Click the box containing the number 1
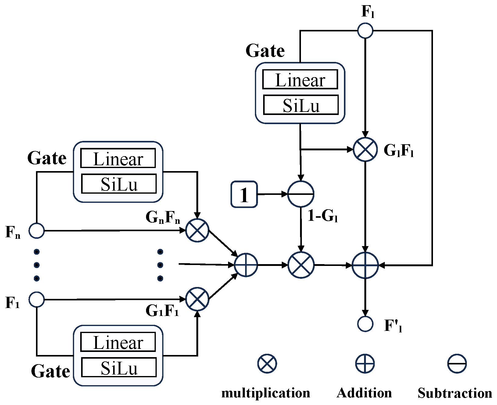(244, 194)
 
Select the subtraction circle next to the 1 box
(301, 194)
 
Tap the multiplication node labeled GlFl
(365, 149)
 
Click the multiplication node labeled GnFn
(197, 230)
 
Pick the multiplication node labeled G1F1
(197, 299)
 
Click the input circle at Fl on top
(365, 30)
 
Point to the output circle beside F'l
(365, 324)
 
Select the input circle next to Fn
(37, 231)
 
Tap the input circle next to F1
(37, 299)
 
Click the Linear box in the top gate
(300, 80)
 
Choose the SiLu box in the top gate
(301, 105)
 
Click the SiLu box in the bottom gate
(119, 367)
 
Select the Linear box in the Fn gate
(118, 158)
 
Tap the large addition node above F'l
(365, 265)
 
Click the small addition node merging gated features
(246, 265)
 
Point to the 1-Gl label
(323, 216)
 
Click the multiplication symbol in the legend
(267, 364)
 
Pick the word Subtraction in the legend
(455, 393)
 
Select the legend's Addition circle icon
(365, 364)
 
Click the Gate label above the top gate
(265, 51)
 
